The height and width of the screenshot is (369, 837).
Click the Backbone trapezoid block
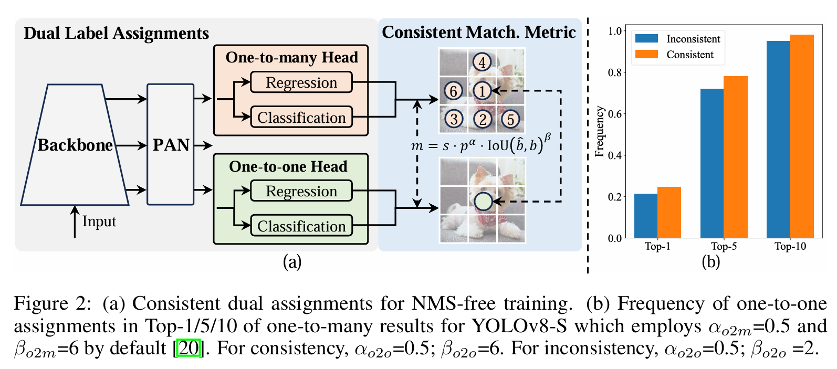(75, 145)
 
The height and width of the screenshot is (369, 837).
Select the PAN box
(171, 145)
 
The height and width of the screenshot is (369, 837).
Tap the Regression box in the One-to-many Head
(301, 82)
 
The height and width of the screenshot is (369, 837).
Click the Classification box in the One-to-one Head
(301, 226)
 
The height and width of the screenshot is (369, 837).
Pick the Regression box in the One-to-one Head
(301, 191)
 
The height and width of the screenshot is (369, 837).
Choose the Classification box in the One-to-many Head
(301, 118)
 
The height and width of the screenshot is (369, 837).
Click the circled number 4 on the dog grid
(482, 62)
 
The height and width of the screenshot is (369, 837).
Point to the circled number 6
(454, 91)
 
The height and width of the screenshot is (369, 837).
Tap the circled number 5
(510, 119)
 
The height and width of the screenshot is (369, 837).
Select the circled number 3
(454, 119)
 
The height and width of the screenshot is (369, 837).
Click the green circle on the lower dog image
(483, 201)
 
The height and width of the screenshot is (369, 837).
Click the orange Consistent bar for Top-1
(669, 213)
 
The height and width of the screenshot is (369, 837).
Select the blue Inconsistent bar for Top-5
(712, 163)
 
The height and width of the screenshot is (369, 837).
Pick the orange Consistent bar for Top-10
(802, 136)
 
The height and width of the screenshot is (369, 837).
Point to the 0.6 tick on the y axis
(615, 114)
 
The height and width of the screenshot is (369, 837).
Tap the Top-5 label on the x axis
(724, 246)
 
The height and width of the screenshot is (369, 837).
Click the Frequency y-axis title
(599, 132)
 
